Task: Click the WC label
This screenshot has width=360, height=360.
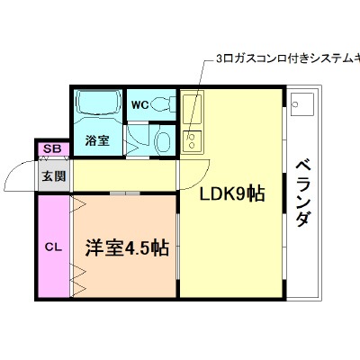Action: tap(140, 105)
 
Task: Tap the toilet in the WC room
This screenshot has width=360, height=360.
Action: tap(163, 104)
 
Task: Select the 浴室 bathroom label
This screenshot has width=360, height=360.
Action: tap(97, 140)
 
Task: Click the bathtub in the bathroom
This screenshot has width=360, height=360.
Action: tap(99, 103)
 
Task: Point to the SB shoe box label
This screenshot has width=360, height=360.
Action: tap(53, 148)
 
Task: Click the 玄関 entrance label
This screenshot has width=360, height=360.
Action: tap(53, 176)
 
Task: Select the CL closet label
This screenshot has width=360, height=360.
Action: tap(53, 247)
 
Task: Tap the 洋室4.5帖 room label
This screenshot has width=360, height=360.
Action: tap(127, 247)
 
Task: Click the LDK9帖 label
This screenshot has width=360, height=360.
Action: tap(232, 193)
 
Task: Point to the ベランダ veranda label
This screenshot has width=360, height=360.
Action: tap(303, 193)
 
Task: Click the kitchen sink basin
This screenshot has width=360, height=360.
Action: tap(192, 109)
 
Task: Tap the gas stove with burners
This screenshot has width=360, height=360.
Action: tap(193, 141)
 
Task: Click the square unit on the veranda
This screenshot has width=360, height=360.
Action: tap(302, 104)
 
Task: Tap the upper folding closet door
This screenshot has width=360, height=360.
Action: tap(78, 204)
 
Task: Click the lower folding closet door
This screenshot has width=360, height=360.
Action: tap(78, 281)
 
